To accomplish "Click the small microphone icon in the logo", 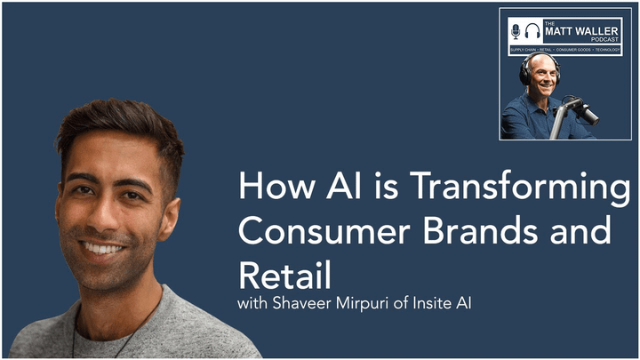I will coord(516,31).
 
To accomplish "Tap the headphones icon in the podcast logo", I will coord(532,31).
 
